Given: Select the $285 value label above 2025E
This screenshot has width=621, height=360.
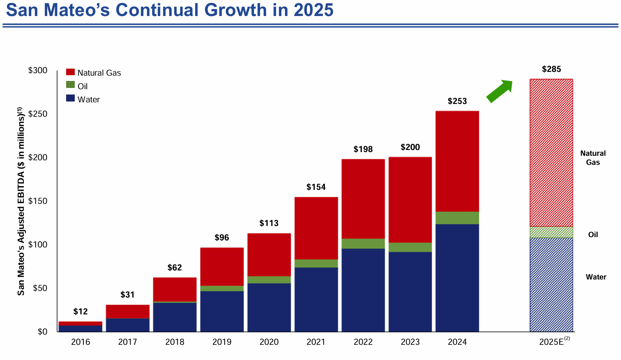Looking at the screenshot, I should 551,69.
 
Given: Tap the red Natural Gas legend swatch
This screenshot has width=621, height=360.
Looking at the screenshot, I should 70,72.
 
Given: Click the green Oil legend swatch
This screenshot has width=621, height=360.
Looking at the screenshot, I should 70,85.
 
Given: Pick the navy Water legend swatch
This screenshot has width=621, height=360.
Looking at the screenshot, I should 70,99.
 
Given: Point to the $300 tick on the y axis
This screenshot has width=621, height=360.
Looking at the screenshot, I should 38,70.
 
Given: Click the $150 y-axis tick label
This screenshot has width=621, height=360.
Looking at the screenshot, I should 38,201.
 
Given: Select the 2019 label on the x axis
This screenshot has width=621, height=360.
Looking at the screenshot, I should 222,342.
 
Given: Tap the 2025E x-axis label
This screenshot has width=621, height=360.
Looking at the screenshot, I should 551,342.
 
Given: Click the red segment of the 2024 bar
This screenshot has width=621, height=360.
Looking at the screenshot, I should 457,161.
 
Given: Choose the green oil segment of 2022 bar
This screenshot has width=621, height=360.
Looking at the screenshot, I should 363,244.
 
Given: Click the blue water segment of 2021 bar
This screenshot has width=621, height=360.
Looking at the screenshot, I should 316,299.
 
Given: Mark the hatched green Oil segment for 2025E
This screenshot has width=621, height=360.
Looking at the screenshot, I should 551,232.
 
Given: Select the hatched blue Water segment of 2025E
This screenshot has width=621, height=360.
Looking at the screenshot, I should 551,284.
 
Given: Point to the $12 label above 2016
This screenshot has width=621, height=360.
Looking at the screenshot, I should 80,312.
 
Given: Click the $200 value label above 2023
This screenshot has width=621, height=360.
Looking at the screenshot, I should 410,147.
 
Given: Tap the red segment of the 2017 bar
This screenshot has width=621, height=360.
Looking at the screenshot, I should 127,312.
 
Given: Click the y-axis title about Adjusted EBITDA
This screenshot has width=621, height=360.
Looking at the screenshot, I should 21,201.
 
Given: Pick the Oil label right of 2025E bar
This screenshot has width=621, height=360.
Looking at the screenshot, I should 593,235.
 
